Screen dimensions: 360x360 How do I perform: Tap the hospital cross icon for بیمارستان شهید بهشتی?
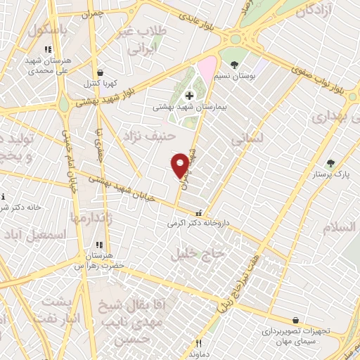(x=188, y=96)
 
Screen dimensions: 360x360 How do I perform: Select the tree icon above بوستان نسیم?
(x=244, y=64)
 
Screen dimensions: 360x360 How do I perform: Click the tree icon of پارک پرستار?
(x=330, y=163)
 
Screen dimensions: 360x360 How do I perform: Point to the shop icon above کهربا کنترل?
(x=100, y=72)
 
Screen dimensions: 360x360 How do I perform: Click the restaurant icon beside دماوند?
(x=198, y=343)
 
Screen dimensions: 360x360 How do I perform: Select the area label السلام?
(x=341, y=228)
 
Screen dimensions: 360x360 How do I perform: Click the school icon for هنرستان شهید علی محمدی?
(x=47, y=50)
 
